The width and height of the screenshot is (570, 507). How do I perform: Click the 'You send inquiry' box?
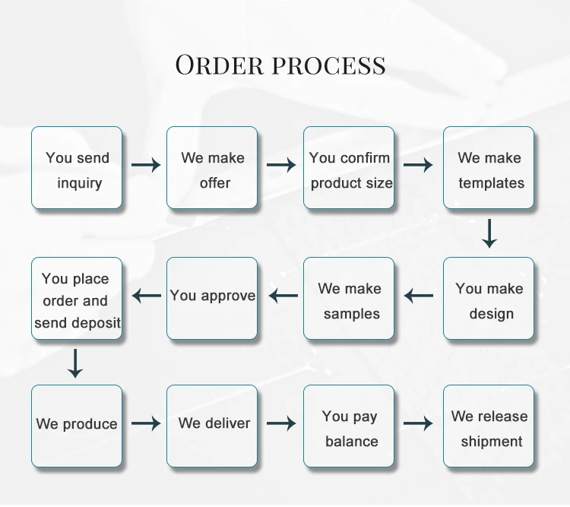(x=77, y=168)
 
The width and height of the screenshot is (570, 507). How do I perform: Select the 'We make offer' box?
(x=212, y=168)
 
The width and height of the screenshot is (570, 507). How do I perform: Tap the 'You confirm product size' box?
(x=349, y=168)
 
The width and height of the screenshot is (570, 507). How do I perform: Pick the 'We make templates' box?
(x=489, y=168)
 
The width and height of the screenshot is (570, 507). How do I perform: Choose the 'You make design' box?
(x=489, y=299)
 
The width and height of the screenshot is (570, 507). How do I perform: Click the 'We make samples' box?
(x=349, y=299)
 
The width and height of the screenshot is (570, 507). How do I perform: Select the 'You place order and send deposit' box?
(x=77, y=299)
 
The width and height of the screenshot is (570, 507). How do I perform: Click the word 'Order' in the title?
(x=220, y=65)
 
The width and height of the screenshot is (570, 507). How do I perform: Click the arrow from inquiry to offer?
(x=145, y=165)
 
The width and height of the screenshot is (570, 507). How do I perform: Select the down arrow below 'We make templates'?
(x=489, y=233)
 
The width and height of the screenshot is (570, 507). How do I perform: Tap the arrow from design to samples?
(x=418, y=295)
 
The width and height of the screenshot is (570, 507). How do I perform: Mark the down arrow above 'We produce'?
(x=74, y=363)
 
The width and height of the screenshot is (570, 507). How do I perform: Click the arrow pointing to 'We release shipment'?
(x=418, y=423)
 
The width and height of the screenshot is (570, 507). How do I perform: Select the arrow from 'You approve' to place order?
(x=145, y=295)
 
